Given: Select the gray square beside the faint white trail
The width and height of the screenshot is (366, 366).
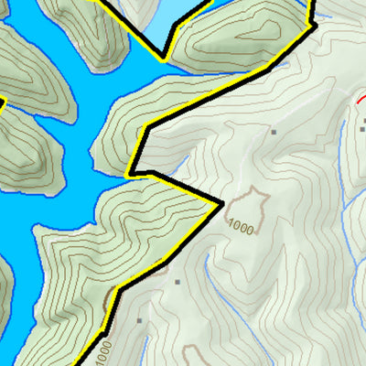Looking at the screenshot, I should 273,132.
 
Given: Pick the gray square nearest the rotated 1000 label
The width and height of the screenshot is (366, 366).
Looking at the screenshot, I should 139,320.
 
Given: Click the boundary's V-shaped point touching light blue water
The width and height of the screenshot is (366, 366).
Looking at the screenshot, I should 164,59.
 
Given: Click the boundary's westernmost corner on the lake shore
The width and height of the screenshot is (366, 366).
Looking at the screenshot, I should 130,172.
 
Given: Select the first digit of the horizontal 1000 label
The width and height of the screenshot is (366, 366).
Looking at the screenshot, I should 231,225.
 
